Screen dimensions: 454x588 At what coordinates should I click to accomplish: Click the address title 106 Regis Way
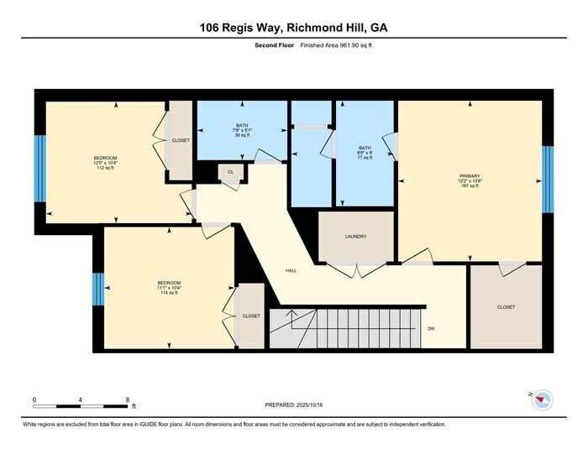pyautogui.click(x=293, y=27)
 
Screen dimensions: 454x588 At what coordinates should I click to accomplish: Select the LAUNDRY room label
pyautogui.click(x=355, y=237)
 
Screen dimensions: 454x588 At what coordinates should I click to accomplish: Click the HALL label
pyautogui.click(x=291, y=270)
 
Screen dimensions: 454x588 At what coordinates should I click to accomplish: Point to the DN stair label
pyautogui.click(x=432, y=328)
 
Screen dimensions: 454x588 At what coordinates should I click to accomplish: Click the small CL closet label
pyautogui.click(x=230, y=171)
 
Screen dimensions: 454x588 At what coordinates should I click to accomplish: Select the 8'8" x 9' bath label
pyautogui.click(x=365, y=152)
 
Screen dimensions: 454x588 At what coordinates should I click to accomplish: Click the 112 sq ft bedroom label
pyautogui.click(x=105, y=163)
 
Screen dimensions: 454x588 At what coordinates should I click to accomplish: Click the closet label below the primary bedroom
pyautogui.click(x=506, y=307)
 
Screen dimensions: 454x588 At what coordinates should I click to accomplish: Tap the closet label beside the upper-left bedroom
pyautogui.click(x=180, y=140)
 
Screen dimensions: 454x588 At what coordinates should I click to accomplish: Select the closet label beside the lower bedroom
pyautogui.click(x=250, y=316)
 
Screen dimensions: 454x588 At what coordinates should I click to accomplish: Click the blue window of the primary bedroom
pyautogui.click(x=548, y=179)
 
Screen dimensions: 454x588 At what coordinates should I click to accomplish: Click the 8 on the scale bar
pyautogui.click(x=128, y=399)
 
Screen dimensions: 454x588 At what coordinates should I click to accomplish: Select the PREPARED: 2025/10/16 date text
pyautogui.click(x=293, y=404)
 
